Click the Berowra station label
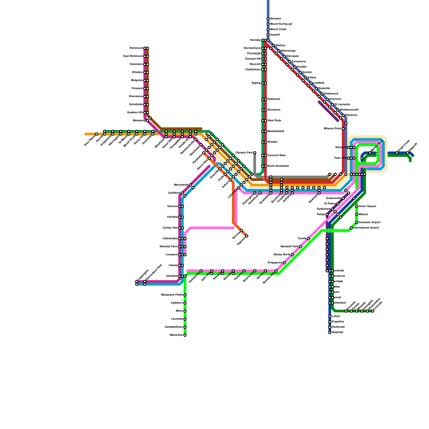pos(275,19)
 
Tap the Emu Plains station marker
pos(97,134)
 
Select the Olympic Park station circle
pos(255,153)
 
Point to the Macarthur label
pos(176,335)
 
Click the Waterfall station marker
pos(330,332)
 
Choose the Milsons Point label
pos(332,129)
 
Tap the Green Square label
pos(367,206)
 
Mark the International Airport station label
pos(366,228)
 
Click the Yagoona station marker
pos(247,236)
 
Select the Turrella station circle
pos(308,239)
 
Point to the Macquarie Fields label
pos(172,295)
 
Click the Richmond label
pos(136,48)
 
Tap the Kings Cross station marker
pos(397,153)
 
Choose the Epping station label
pos(256,83)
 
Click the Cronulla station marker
pos(373,311)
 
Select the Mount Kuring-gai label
pos(281,24)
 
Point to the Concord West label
pos(276,156)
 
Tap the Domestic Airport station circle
pos(357,223)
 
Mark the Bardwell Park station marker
pos(300,247)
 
